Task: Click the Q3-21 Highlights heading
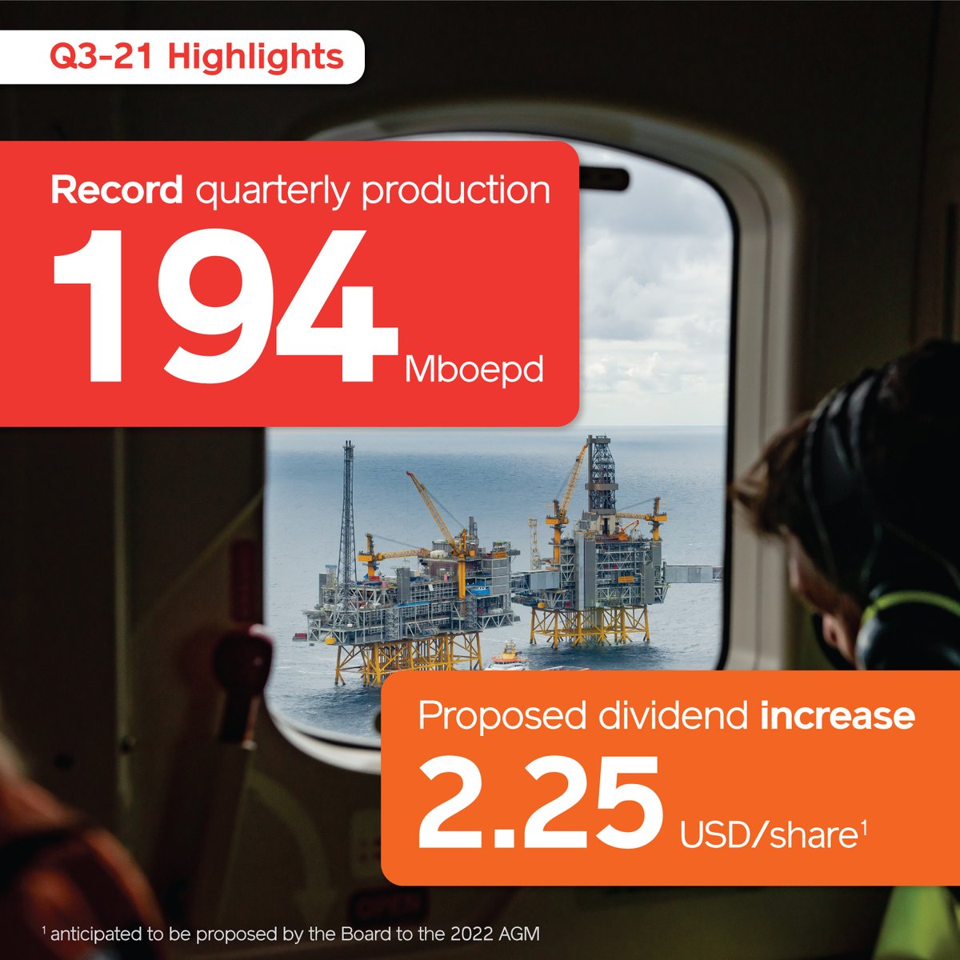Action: [x=197, y=57]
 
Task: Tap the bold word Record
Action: [x=117, y=190]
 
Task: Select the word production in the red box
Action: [x=456, y=192]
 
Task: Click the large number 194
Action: [x=225, y=306]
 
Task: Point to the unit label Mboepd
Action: [x=474, y=371]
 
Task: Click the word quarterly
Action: [x=272, y=192]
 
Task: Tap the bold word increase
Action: [x=838, y=716]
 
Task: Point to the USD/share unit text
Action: [x=773, y=834]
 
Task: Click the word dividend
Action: [x=673, y=715]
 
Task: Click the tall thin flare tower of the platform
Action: [x=347, y=513]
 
